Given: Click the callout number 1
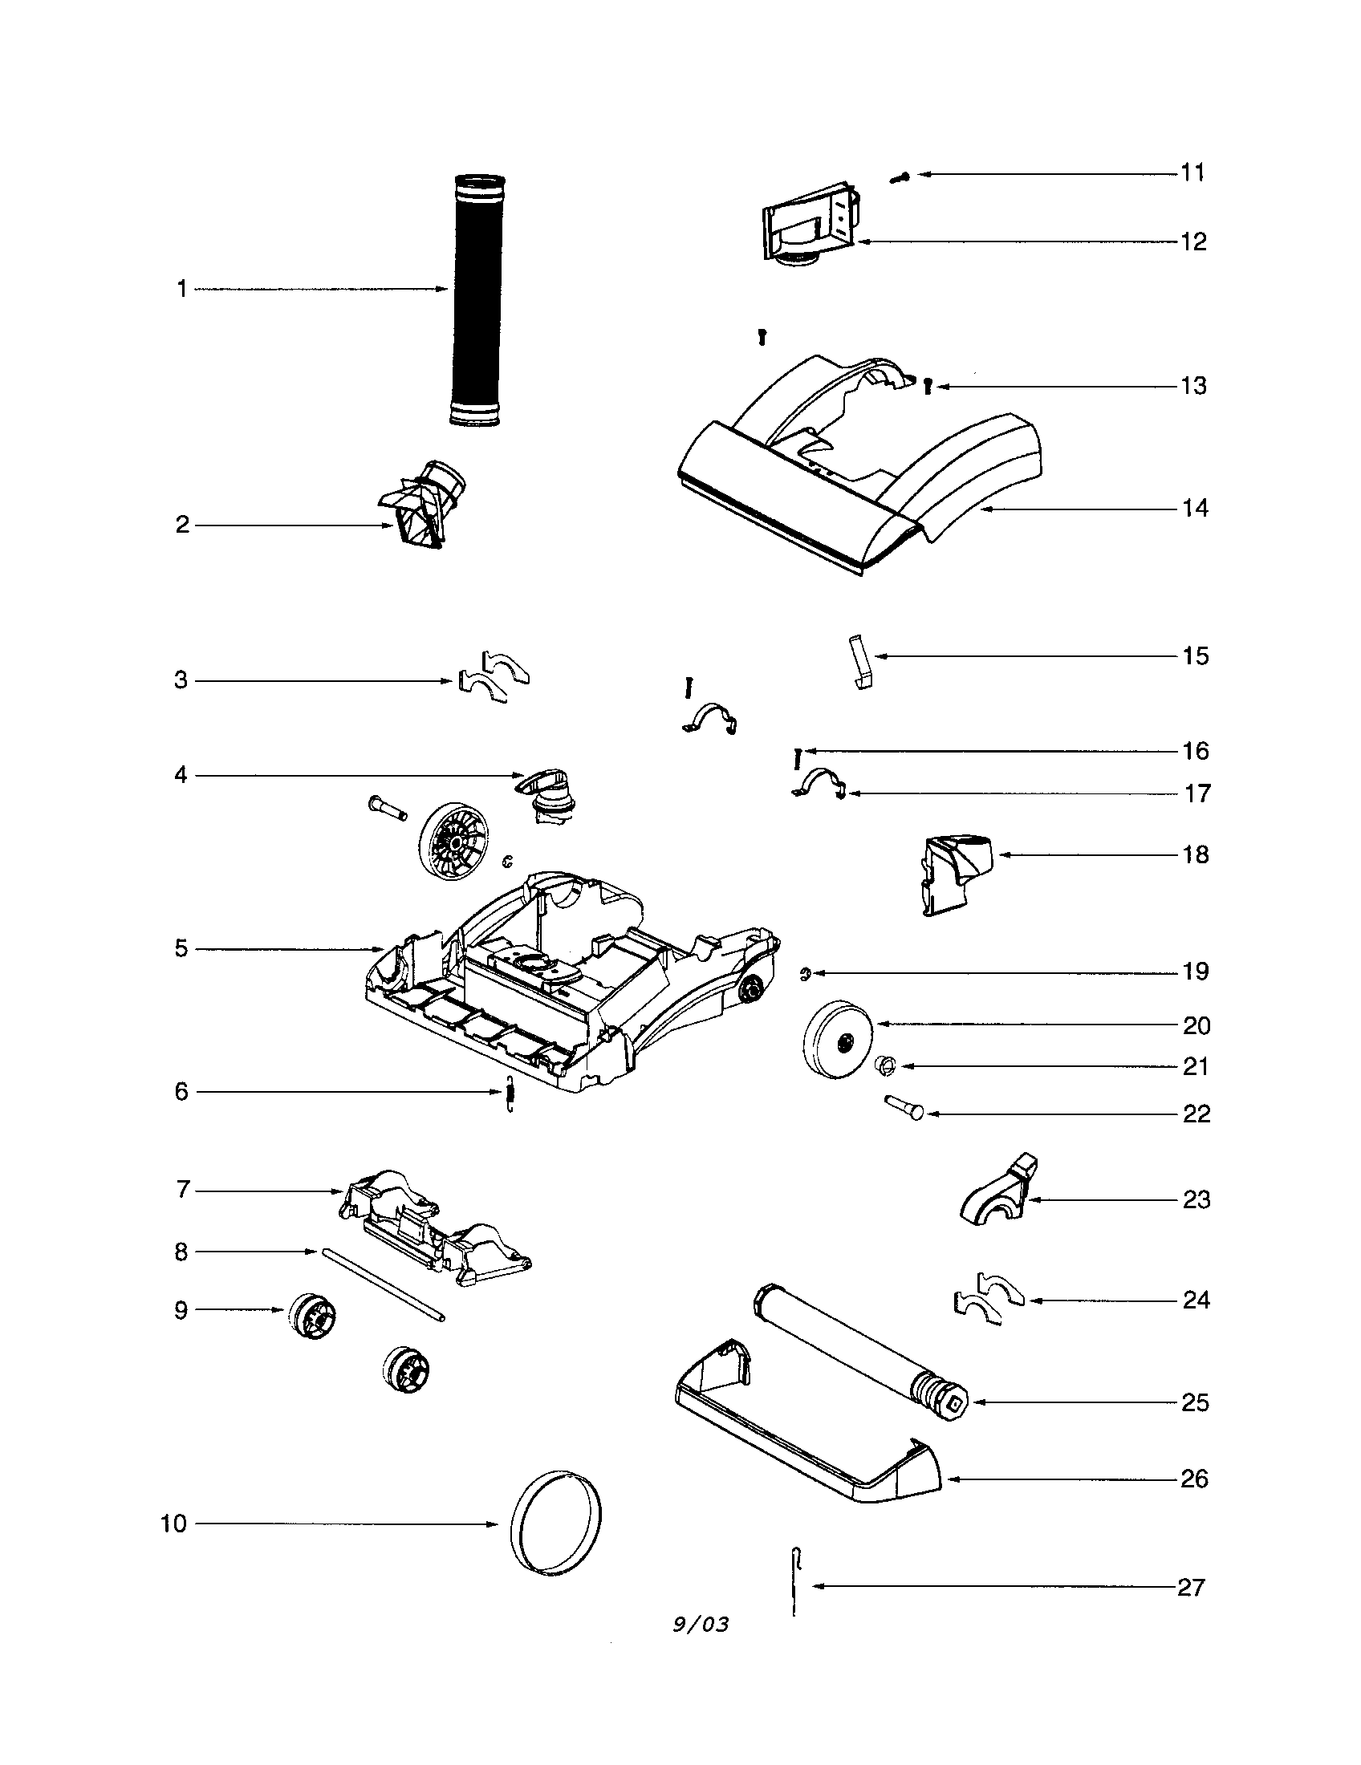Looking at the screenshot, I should tap(182, 289).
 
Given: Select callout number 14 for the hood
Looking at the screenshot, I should tap(1196, 509).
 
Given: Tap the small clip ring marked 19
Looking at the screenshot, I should tap(805, 975).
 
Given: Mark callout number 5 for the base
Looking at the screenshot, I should tap(181, 948).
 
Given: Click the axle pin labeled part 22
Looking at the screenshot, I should tap(905, 1106).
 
